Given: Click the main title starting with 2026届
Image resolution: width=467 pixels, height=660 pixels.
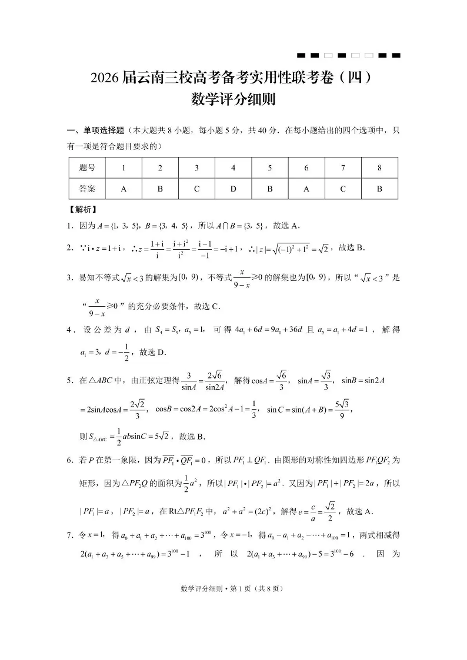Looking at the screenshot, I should (233, 78).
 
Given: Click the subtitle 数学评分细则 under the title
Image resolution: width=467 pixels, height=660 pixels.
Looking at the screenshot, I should (233, 99).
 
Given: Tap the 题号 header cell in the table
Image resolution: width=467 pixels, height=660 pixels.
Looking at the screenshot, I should (86, 168).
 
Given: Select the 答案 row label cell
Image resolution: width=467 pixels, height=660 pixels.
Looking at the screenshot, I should (86, 189).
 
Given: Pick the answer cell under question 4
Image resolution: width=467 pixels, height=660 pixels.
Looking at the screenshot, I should (233, 189).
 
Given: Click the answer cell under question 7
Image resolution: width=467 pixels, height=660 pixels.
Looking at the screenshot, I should (343, 189).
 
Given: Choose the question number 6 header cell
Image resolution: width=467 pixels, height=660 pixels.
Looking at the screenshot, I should (306, 168).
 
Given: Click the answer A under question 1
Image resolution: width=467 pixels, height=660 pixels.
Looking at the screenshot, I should (124, 189).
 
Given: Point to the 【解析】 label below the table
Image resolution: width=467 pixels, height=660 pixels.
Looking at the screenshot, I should (82, 209).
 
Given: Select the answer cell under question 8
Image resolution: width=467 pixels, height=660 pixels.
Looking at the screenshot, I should (379, 189).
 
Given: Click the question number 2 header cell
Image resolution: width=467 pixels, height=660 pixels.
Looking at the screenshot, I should (160, 168).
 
